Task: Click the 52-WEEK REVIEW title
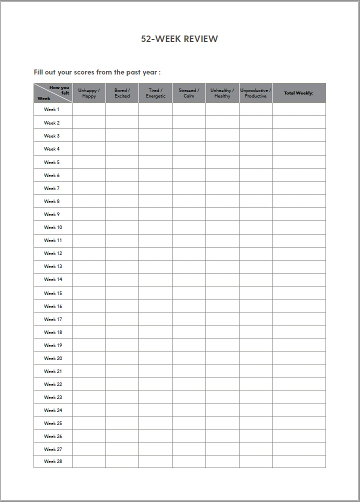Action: coord(179,39)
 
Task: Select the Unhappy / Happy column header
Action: coord(89,93)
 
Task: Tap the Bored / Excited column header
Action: coord(122,93)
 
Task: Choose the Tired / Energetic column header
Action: coord(155,93)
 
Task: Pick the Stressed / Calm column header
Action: coord(189,93)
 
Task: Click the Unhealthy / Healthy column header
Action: coord(222,93)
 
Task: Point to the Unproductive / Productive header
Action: coord(255,93)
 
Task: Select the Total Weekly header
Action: coord(298,93)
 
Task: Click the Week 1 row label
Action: coord(51,109)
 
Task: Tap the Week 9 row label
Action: coord(51,214)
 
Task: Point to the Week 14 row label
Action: coord(53,279)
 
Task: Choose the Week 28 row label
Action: coord(53,461)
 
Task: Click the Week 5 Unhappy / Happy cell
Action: coord(89,162)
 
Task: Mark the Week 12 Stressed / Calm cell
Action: coord(189,253)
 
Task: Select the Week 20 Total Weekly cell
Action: coord(298,358)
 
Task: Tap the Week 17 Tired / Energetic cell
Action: coord(155,319)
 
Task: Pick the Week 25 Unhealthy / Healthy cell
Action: coord(222,423)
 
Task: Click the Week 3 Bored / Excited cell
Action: coord(122,136)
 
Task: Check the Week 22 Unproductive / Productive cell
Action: coord(255,384)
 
